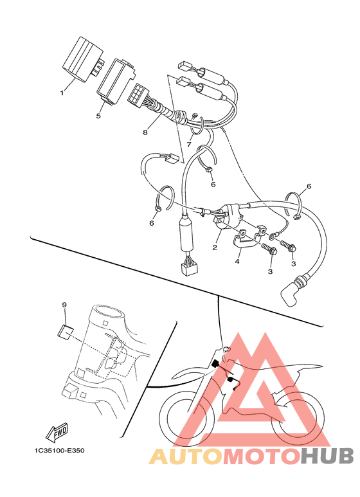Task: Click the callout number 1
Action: pos(62,93)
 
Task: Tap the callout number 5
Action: pos(98,116)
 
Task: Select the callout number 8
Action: pos(145,132)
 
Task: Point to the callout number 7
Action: pos(189,145)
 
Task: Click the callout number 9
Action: pos(64,305)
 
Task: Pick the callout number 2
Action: pos(215,248)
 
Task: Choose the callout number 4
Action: pos(237,262)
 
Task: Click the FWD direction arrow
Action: pos(57,431)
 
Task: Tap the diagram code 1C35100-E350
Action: pos(60,450)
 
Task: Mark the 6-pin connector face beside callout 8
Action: pos(136,93)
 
